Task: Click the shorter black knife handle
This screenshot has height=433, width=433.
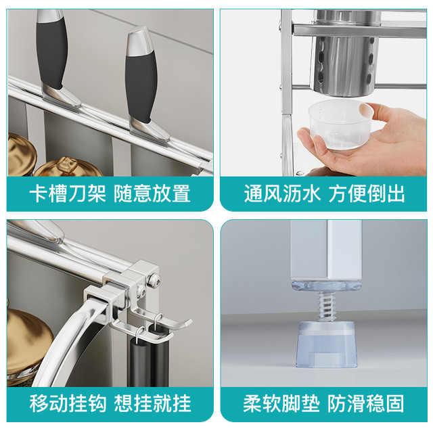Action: (x=141, y=86)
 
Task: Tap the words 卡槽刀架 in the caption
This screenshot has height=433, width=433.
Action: (x=68, y=193)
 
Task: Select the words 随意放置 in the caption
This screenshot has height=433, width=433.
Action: (x=152, y=193)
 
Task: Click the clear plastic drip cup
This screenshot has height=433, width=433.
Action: (x=340, y=124)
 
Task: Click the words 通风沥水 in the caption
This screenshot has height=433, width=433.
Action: (x=282, y=193)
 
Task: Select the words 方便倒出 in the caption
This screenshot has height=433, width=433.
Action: (x=367, y=193)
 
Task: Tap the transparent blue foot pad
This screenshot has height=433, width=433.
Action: (x=327, y=344)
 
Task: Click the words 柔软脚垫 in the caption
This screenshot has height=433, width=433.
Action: (x=281, y=404)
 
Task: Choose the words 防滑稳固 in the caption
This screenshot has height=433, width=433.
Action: (x=366, y=404)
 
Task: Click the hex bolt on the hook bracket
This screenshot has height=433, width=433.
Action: (x=154, y=279)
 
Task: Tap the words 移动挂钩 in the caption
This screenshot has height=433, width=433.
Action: (x=68, y=404)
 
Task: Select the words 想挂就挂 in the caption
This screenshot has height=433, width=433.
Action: (x=152, y=404)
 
